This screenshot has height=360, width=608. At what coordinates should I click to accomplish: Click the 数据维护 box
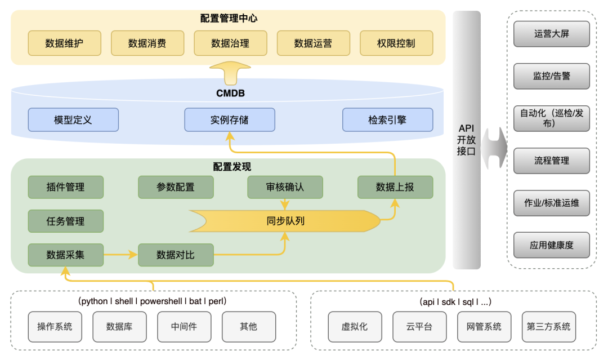click(64, 43)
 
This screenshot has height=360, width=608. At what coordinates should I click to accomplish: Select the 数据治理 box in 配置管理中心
click(230, 43)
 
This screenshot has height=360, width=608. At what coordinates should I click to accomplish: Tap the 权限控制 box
click(396, 43)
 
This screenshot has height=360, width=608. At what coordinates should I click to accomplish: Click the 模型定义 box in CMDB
click(73, 120)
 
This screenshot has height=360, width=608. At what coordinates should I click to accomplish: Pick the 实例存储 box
click(230, 120)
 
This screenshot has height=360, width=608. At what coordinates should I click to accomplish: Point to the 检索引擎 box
click(387, 120)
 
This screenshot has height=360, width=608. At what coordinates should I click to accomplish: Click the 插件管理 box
click(66, 187)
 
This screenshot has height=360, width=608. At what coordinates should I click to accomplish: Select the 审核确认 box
click(285, 187)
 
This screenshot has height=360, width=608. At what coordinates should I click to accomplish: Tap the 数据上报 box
click(395, 187)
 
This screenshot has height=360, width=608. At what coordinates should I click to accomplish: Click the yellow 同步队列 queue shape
click(285, 221)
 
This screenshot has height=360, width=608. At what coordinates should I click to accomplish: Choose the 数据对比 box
click(176, 255)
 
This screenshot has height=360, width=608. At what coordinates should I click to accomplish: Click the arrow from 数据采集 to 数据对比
click(120, 255)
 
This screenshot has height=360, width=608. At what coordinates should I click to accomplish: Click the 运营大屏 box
click(552, 34)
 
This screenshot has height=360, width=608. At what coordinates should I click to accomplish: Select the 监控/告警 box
click(552, 76)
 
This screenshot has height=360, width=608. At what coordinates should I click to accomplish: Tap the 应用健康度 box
click(552, 245)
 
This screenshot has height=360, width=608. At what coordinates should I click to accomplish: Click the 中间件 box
click(185, 327)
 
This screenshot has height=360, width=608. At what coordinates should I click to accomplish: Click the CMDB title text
click(230, 94)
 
